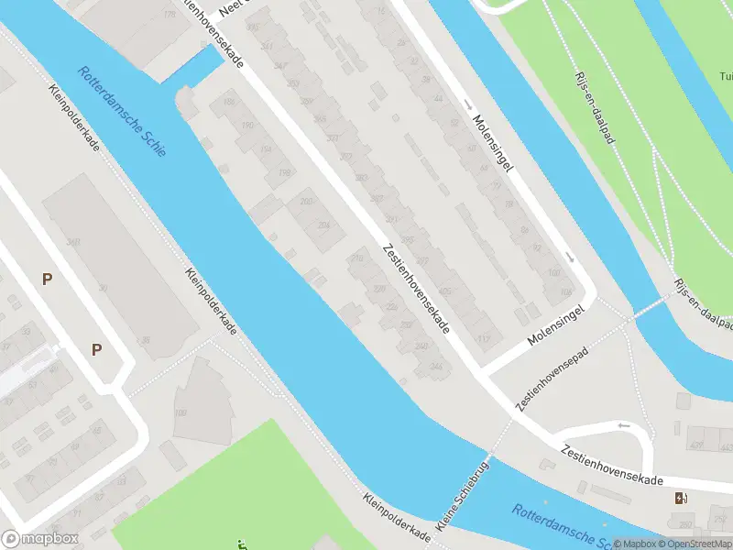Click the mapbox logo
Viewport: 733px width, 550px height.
click(40, 540)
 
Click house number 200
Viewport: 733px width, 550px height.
click(306, 202)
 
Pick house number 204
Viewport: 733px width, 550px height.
click(323, 225)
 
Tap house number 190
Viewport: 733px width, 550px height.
click(246, 126)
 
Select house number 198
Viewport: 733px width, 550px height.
click(285, 173)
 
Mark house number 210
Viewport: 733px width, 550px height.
click(357, 259)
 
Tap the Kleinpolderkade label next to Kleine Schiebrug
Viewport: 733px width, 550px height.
click(396, 519)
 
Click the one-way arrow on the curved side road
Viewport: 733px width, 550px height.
click(624, 425)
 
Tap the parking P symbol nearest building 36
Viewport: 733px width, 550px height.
click(96, 348)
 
